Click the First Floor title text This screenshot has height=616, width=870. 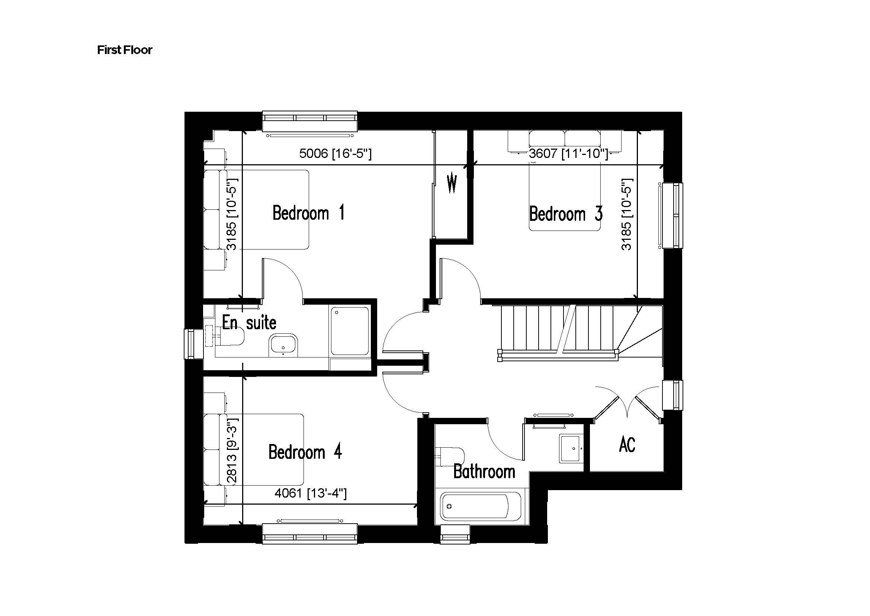click(124, 50)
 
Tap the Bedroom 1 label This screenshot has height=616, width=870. click(308, 213)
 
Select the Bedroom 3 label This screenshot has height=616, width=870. click(566, 214)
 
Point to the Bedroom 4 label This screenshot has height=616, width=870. click(305, 452)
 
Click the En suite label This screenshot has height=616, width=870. click(249, 323)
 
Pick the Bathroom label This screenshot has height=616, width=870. click(484, 472)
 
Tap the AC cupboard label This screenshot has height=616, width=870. click(627, 445)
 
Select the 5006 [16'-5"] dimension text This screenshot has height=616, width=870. click(336, 153)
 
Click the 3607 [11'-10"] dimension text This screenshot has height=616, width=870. click(568, 153)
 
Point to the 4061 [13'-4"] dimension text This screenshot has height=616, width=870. click(310, 493)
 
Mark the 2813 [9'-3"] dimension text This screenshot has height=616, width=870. click(231, 450)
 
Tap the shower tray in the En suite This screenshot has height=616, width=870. click(349, 331)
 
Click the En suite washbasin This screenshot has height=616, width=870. click(283, 346)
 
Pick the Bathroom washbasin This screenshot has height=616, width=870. click(571, 449)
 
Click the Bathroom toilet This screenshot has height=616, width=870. click(451, 456)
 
